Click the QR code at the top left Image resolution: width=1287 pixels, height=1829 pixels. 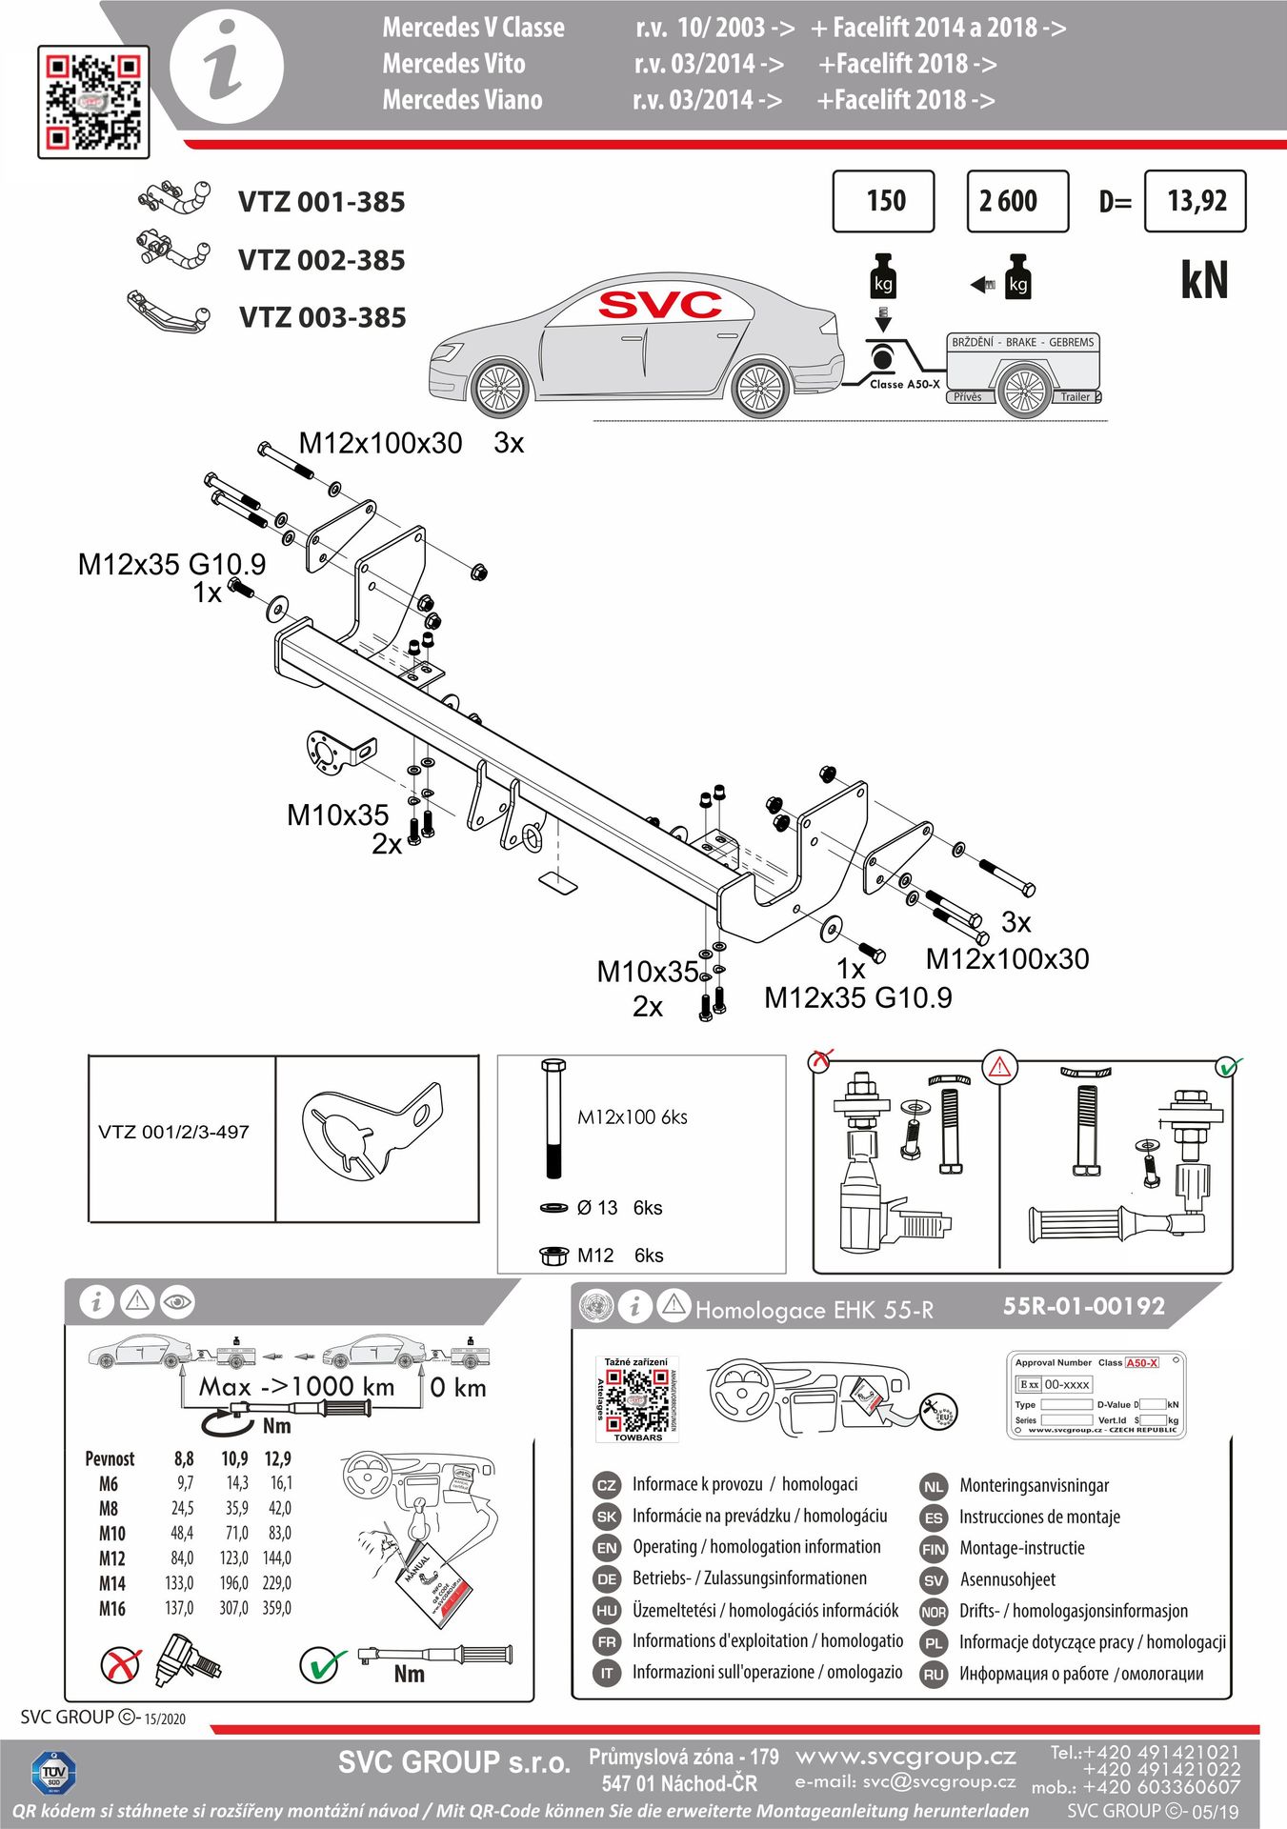pyautogui.click(x=93, y=101)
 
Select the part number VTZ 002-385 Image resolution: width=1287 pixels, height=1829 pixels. pyautogui.click(x=321, y=260)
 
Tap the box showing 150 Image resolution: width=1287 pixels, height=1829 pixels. pyautogui.click(x=883, y=201)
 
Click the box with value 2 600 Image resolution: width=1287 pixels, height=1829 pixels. pyautogui.click(x=1016, y=201)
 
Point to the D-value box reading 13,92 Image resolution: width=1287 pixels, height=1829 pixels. pyautogui.click(x=1195, y=201)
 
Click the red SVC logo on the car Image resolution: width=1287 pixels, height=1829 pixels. pyautogui.click(x=660, y=305)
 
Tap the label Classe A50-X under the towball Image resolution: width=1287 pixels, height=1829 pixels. pyautogui.click(x=904, y=384)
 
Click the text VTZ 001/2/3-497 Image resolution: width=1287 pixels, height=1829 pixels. pyautogui.click(x=173, y=1133)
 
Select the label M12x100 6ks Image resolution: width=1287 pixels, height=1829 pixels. pyautogui.click(x=632, y=1117)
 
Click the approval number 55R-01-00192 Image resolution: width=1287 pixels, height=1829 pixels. pyautogui.click(x=1083, y=1306)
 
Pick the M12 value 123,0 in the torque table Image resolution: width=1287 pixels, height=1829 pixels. pyautogui.click(x=234, y=1558)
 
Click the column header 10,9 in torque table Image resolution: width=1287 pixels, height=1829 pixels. pyautogui.click(x=234, y=1458)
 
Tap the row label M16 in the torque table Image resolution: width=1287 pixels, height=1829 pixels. pyautogui.click(x=111, y=1608)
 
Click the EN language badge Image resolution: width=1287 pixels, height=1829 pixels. pyautogui.click(x=607, y=1548)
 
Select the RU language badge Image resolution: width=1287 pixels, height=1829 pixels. pyautogui.click(x=934, y=1674)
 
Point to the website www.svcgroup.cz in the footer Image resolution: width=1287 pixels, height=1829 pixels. pyautogui.click(x=905, y=1757)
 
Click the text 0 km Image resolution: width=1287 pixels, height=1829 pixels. pyautogui.click(x=458, y=1388)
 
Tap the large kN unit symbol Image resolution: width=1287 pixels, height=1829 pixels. pyautogui.click(x=1204, y=280)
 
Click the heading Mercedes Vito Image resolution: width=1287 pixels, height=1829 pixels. pyautogui.click(x=453, y=64)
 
